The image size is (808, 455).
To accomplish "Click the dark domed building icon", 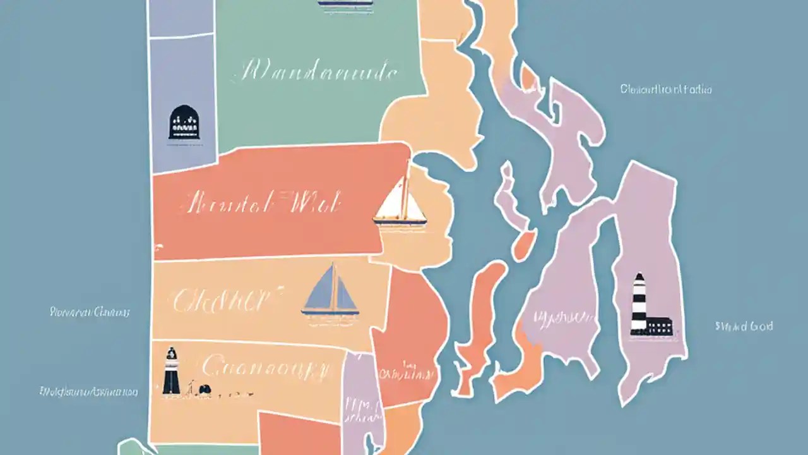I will tap(184, 122).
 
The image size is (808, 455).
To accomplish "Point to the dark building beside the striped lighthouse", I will tap(659, 326).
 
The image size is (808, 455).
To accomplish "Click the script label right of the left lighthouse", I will tap(265, 366).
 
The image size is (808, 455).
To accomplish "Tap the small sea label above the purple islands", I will tap(666, 90).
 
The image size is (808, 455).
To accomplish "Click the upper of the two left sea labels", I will tap(90, 312).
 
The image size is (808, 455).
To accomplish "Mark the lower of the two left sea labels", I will tap(88, 392).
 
